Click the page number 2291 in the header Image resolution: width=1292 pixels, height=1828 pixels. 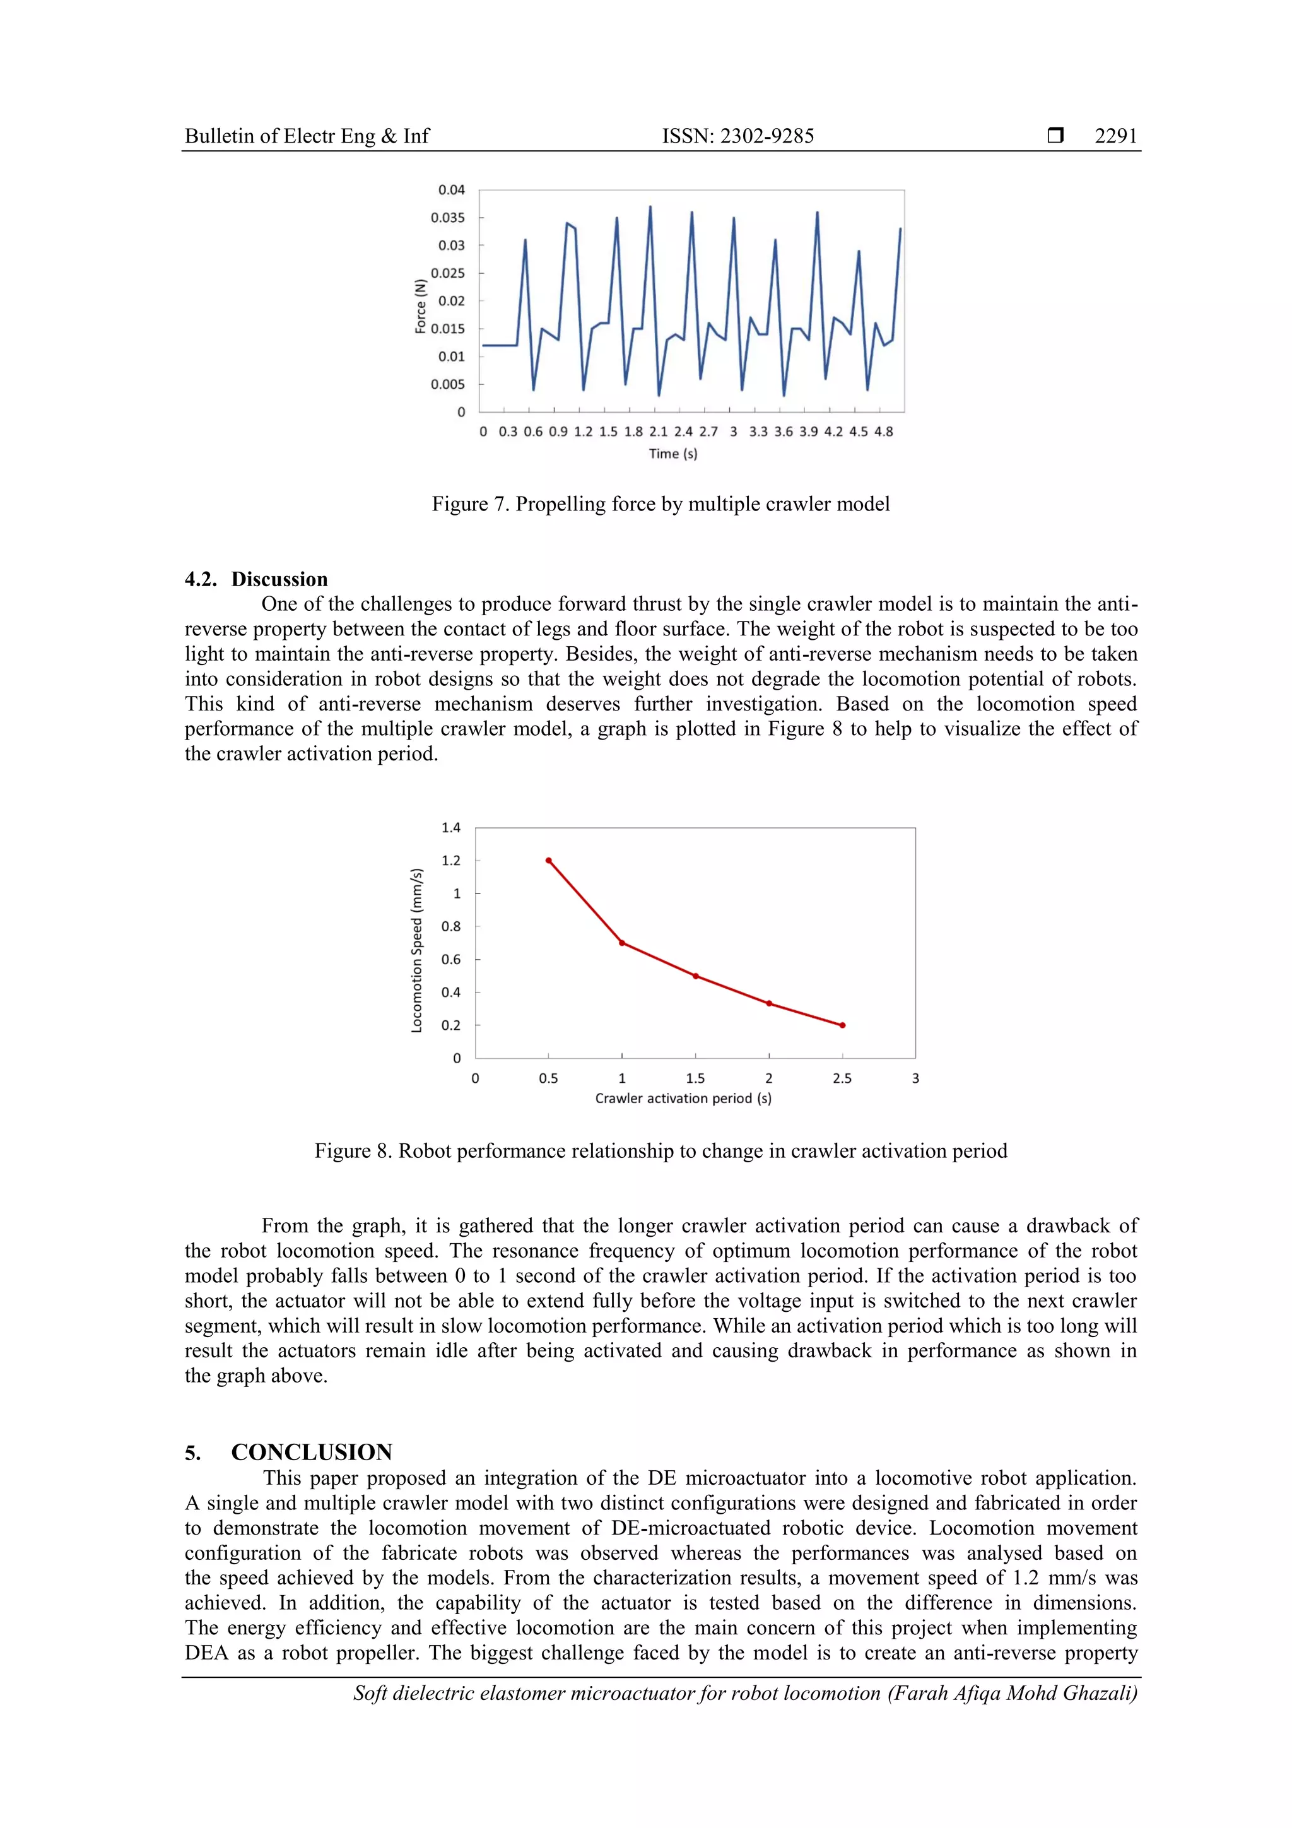click(x=1115, y=136)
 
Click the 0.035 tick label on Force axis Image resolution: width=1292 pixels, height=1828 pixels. click(x=447, y=217)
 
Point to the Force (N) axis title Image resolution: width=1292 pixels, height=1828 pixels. click(x=420, y=306)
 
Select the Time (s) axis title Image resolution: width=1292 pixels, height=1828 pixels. click(x=672, y=454)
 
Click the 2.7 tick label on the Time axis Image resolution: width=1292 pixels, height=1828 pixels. click(x=708, y=432)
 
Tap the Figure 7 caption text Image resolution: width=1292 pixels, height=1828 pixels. click(x=660, y=504)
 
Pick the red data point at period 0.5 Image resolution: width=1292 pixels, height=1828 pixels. click(x=548, y=861)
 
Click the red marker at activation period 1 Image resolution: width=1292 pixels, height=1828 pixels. click(x=622, y=943)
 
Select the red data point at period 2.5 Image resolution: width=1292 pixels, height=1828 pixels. click(x=842, y=1025)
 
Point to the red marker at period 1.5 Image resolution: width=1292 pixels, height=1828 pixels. click(x=695, y=976)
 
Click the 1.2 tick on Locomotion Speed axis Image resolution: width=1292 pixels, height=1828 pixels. click(x=450, y=861)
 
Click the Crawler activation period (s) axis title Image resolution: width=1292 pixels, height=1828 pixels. click(x=683, y=1099)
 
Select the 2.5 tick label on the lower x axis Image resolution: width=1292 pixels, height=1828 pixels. click(x=842, y=1079)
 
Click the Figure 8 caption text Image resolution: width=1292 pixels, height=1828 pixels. click(x=660, y=1152)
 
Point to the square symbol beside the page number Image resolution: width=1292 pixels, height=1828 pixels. click(x=1055, y=135)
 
